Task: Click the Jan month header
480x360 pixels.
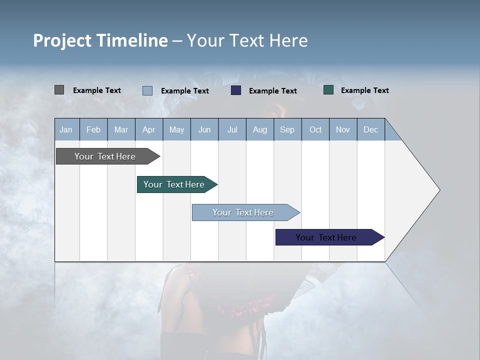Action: [x=66, y=129]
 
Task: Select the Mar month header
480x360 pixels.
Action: [x=121, y=129]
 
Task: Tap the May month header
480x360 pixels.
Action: [x=176, y=129]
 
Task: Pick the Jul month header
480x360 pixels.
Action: [x=232, y=129]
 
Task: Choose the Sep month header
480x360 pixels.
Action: [x=287, y=129]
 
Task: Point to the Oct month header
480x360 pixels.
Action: [x=315, y=129]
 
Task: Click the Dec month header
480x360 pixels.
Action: [x=370, y=129]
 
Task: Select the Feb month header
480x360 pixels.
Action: [x=93, y=129]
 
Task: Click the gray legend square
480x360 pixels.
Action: [x=59, y=90]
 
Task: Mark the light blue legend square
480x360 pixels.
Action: [x=147, y=90]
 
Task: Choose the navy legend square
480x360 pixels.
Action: [x=236, y=90]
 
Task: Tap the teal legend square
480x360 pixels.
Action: [x=328, y=90]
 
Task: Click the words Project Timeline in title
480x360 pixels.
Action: [x=100, y=40]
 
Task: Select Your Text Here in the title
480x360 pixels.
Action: [x=247, y=40]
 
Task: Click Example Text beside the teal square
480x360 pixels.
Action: [x=364, y=90]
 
